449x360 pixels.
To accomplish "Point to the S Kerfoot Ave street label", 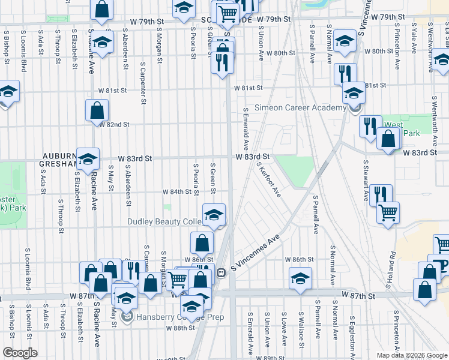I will (268, 179).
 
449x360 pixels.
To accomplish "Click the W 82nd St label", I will (114, 124).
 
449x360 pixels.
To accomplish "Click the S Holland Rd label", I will (393, 240).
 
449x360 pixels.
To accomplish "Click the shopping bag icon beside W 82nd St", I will (97, 110).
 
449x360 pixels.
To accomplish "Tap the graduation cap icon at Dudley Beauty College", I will (213, 214).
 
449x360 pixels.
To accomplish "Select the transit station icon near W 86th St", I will (221, 272).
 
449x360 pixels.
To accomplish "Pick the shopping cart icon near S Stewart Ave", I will (388, 212).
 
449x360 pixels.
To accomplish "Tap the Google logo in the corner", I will (20, 353).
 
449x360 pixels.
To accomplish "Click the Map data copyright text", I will (412, 355).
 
